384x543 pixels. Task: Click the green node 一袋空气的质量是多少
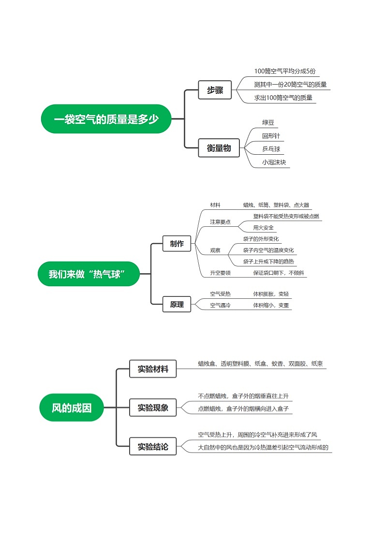tap(106, 119)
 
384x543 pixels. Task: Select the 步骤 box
tap(215, 90)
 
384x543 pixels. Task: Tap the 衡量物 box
tap(219, 148)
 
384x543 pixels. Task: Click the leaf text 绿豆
tap(268, 123)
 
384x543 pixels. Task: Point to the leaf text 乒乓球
tap(271, 149)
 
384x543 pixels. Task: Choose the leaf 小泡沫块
tap(274, 162)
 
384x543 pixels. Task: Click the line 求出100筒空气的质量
tap(283, 98)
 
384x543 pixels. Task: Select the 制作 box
tap(177, 244)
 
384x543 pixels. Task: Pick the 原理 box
tap(177, 304)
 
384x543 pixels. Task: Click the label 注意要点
tap(220, 222)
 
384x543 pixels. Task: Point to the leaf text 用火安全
tap(263, 228)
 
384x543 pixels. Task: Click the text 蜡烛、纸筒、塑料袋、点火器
tap(276, 205)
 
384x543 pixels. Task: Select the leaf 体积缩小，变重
tap(271, 306)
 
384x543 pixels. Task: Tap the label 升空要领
tap(220, 273)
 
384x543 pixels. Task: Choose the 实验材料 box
tap(153, 369)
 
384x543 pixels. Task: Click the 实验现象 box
tap(153, 408)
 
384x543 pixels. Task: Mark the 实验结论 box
tap(153, 447)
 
